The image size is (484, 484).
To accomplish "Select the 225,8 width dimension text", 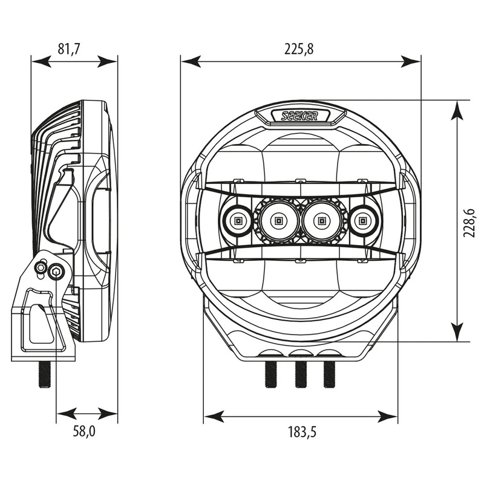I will coord(300,50).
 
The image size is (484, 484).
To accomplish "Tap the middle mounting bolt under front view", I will coord(299,374).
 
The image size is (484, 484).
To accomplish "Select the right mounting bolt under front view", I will coord(330,374).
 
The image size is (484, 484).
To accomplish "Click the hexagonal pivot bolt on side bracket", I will coord(57,270).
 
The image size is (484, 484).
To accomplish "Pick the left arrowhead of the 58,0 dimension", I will coord(61,416).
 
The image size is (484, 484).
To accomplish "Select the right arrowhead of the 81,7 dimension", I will coord(112,60).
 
